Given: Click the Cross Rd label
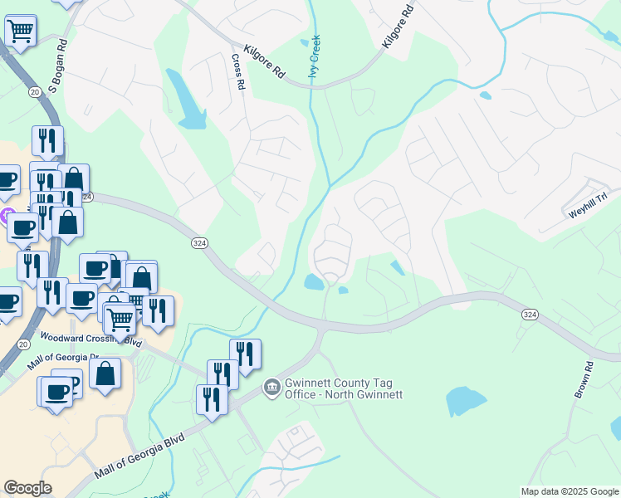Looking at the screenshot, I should click(237, 72).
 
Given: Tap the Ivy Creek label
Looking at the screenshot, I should click(315, 58).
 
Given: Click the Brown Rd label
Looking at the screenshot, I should click(583, 379).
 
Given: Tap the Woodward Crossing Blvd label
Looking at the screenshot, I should click(90, 339).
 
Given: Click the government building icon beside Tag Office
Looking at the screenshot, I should click(271, 387).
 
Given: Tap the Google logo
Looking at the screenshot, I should click(27, 488).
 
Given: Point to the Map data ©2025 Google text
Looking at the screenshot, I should click(569, 491).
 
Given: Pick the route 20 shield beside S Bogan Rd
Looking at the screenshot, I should click(33, 91).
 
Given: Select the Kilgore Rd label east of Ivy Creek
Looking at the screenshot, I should click(397, 27).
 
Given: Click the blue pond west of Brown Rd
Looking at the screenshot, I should click(466, 402).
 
